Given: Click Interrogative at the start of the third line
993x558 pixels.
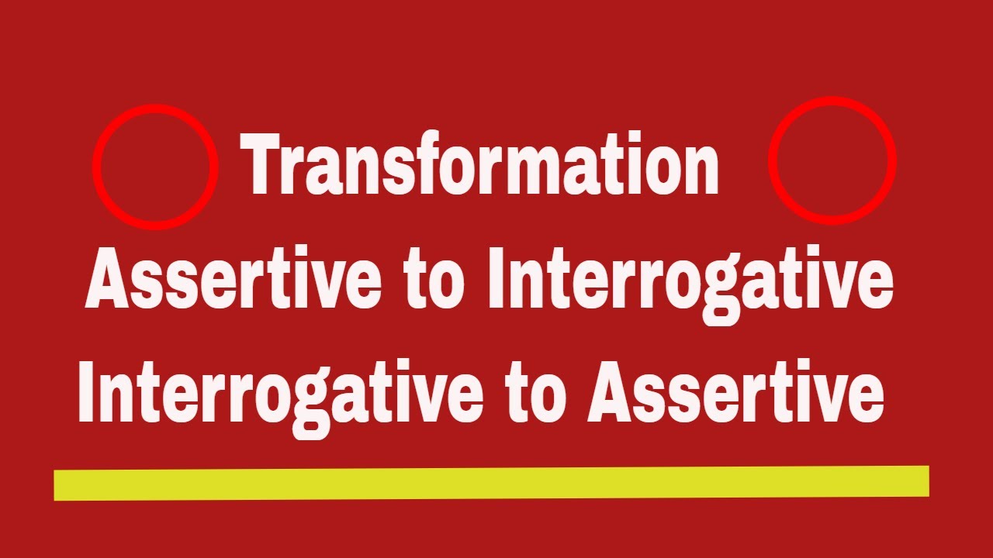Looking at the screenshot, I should (x=276, y=394).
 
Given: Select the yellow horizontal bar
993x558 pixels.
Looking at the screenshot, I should (x=491, y=482).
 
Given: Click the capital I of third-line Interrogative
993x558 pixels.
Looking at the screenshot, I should (x=86, y=394).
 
